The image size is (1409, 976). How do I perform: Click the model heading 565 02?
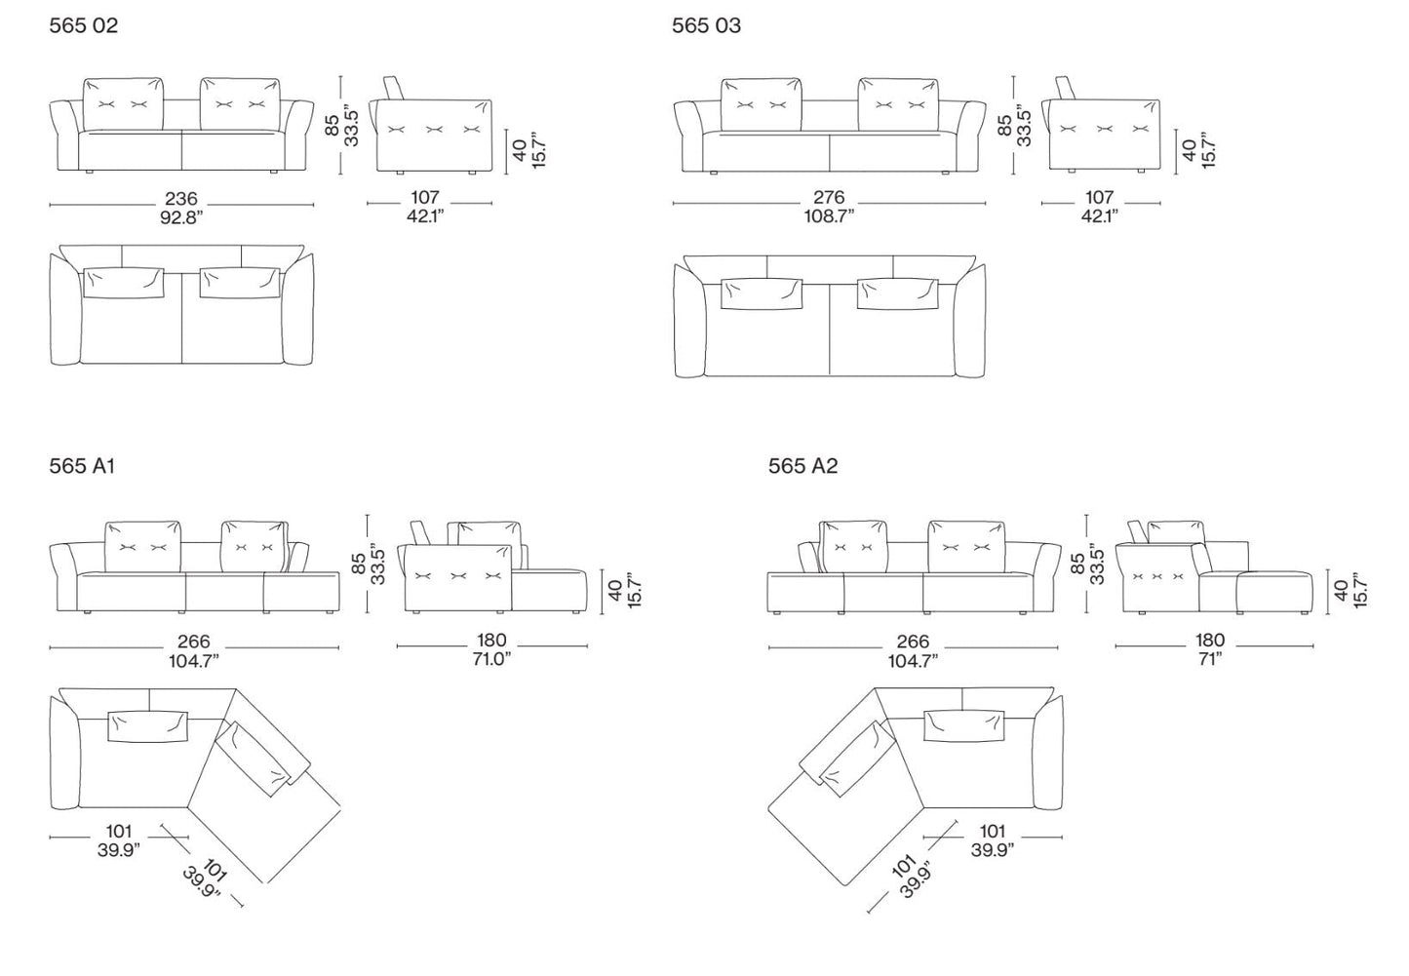84,25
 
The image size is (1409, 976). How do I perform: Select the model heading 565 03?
706,25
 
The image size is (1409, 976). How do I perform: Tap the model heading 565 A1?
83,466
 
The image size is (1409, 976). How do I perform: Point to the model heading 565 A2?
802,466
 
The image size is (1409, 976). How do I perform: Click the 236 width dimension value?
181,199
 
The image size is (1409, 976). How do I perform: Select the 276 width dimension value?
829,198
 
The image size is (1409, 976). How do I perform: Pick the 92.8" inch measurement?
181,217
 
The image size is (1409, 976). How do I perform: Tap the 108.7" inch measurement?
829,216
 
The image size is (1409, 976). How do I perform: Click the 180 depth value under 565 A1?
491,641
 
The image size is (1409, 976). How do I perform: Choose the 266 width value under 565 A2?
913,642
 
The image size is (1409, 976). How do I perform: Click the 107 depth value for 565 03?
1100,198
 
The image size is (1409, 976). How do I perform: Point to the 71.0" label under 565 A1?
491,659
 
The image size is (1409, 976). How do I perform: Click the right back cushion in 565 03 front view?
898,104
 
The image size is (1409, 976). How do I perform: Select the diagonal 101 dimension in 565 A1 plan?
215,871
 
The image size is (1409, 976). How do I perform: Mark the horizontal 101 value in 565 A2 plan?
992,832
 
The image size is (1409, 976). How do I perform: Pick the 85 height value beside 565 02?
333,125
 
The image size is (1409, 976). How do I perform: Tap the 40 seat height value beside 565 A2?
1341,591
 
